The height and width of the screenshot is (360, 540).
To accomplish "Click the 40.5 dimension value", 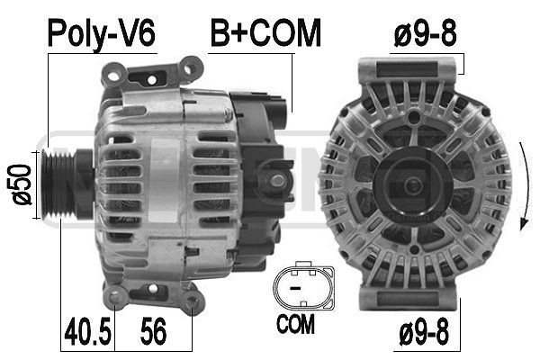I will (x=87, y=333).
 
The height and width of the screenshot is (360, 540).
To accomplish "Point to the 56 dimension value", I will (x=156, y=333).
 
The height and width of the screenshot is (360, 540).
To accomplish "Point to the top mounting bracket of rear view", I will (x=405, y=68).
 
